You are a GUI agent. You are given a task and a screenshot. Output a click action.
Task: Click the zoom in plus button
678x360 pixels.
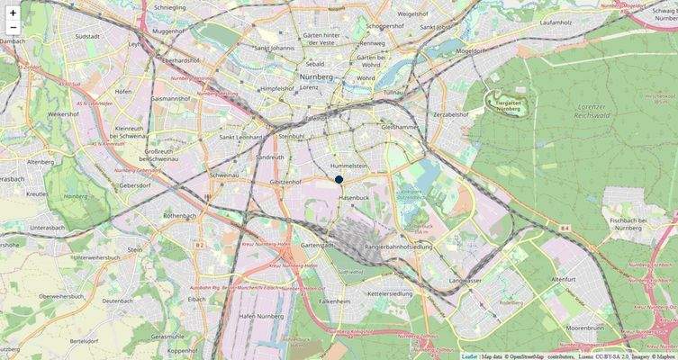(x=13, y=13)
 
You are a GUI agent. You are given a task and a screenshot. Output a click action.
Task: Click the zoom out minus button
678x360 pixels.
(x=13, y=29)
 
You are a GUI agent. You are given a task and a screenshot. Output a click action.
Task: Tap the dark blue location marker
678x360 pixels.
(x=339, y=180)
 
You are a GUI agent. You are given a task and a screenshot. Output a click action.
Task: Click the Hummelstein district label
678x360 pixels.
(x=350, y=166)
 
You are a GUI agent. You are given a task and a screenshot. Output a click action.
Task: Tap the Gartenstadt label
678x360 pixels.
(x=319, y=245)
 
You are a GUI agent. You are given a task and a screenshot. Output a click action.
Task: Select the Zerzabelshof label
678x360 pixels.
(x=452, y=115)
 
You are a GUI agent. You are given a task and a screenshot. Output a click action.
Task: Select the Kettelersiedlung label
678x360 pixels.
(x=391, y=293)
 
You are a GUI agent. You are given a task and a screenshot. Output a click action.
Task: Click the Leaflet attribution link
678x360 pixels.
(x=469, y=355)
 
